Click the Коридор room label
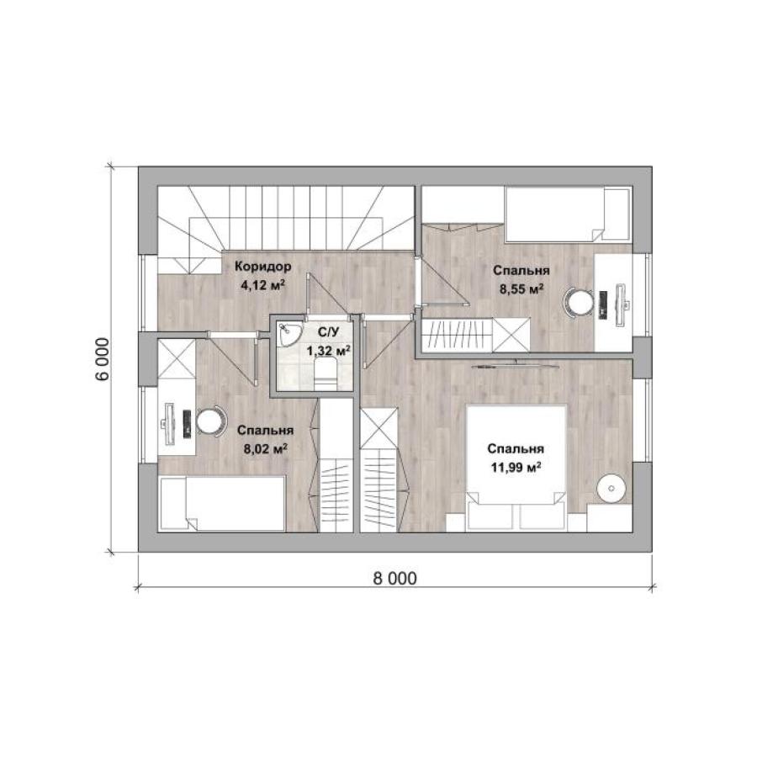[262, 266]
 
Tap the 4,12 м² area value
[262, 285]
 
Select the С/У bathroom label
[328, 331]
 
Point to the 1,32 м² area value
[329, 351]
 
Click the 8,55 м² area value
[521, 289]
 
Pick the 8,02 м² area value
[266, 449]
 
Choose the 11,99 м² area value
[516, 468]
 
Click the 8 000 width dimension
[395, 578]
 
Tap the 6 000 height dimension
[102, 359]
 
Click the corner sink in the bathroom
[289, 334]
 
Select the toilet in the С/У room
[325, 374]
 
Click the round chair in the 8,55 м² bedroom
[579, 303]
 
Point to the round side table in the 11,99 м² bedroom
[611, 489]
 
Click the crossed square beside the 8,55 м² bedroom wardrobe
[511, 335]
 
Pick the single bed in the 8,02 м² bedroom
[223, 505]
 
